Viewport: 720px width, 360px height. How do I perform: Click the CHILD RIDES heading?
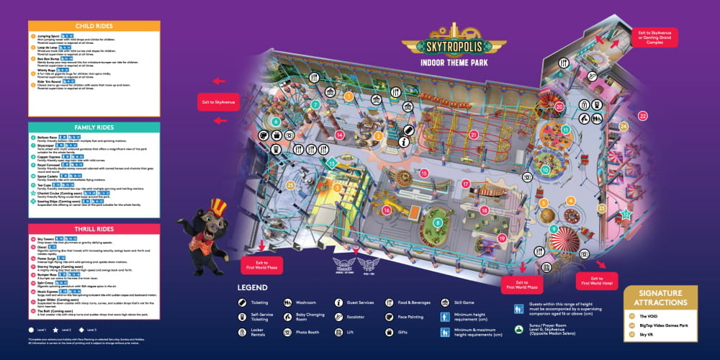94,26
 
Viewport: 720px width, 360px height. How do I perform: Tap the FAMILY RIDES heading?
94,127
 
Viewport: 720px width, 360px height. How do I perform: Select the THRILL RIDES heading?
94,229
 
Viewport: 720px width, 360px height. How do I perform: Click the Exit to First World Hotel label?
596,282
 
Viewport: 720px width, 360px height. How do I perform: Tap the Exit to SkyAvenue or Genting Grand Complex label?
655,37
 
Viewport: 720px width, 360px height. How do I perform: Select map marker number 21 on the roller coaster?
473,135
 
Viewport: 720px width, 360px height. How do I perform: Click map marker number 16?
387,210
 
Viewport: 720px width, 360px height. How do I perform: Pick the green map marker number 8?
438,223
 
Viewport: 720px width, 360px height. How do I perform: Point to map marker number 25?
291,185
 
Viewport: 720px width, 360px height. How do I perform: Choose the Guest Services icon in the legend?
339,303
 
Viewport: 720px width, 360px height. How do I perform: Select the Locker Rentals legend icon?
243,332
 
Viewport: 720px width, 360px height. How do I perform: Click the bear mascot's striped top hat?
218,207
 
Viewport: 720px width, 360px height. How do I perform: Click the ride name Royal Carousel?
50,165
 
